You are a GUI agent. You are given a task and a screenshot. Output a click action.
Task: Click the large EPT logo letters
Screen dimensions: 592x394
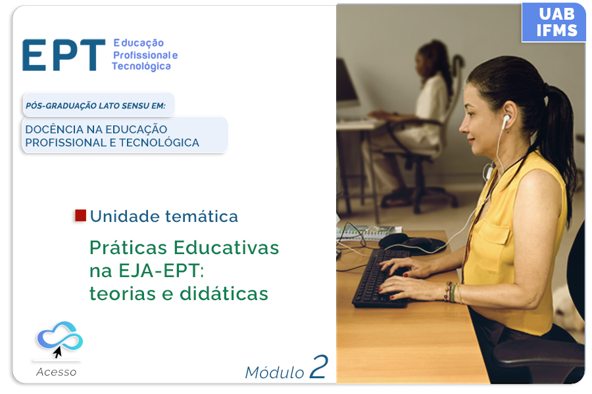click(63, 55)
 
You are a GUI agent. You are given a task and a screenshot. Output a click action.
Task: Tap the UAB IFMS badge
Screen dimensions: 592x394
click(553, 22)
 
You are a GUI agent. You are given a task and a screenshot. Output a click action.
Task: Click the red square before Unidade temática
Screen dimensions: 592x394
click(80, 215)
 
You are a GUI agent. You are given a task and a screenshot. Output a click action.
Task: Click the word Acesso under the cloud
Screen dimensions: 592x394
click(57, 372)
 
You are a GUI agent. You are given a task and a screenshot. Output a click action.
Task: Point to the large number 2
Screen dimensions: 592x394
click(318, 366)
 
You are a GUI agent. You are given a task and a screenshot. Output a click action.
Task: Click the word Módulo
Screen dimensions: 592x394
click(274, 372)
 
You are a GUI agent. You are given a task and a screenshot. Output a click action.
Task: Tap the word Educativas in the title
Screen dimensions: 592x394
click(226, 248)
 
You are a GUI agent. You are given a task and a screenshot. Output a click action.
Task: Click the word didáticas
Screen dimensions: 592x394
click(224, 294)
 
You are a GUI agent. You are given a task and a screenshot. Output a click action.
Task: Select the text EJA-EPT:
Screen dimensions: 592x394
click(161, 271)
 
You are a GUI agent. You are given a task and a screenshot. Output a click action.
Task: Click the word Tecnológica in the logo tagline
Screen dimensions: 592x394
click(141, 66)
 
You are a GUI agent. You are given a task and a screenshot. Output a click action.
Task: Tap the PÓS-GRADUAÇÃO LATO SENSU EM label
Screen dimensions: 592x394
click(95, 106)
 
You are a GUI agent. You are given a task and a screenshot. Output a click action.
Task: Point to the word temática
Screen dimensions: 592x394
click(202, 217)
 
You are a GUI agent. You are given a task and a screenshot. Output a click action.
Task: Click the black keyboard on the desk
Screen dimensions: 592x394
click(382, 277)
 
